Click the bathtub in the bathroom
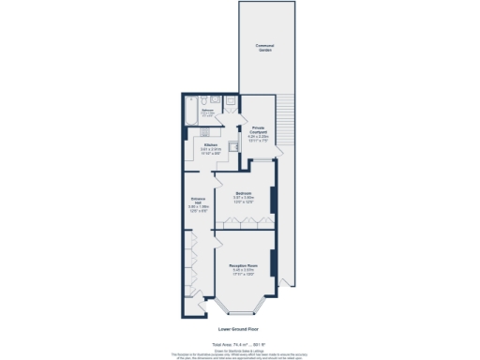[x=191, y=113]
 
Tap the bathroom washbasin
[x=214, y=98]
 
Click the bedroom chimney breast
[x=273, y=199]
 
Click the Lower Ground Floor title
[x=239, y=330]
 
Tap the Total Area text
[x=239, y=344]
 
